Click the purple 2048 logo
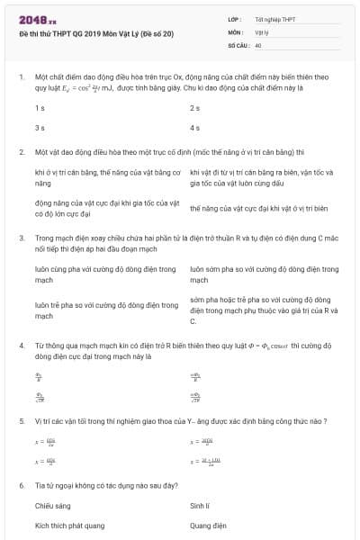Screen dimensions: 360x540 37,18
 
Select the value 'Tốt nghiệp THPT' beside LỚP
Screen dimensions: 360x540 275,19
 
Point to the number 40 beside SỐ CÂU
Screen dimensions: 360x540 258,44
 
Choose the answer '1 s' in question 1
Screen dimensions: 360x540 40,107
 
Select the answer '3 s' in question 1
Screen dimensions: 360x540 40,128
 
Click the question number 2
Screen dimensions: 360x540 21,152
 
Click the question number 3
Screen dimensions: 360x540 21,238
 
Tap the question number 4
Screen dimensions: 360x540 21,345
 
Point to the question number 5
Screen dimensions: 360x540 21,420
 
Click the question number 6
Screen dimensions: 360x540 21,485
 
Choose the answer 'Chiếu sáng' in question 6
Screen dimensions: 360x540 52,506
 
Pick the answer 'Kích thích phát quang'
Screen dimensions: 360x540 68,526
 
